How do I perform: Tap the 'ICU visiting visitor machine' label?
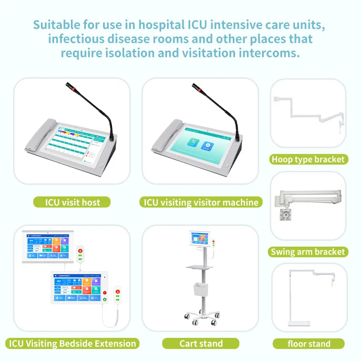[x=201, y=202]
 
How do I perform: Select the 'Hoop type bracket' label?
[x=308, y=159]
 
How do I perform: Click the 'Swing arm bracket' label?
[x=308, y=251]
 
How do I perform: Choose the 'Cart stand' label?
[x=201, y=344]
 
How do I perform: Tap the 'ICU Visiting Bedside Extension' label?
[x=72, y=344]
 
